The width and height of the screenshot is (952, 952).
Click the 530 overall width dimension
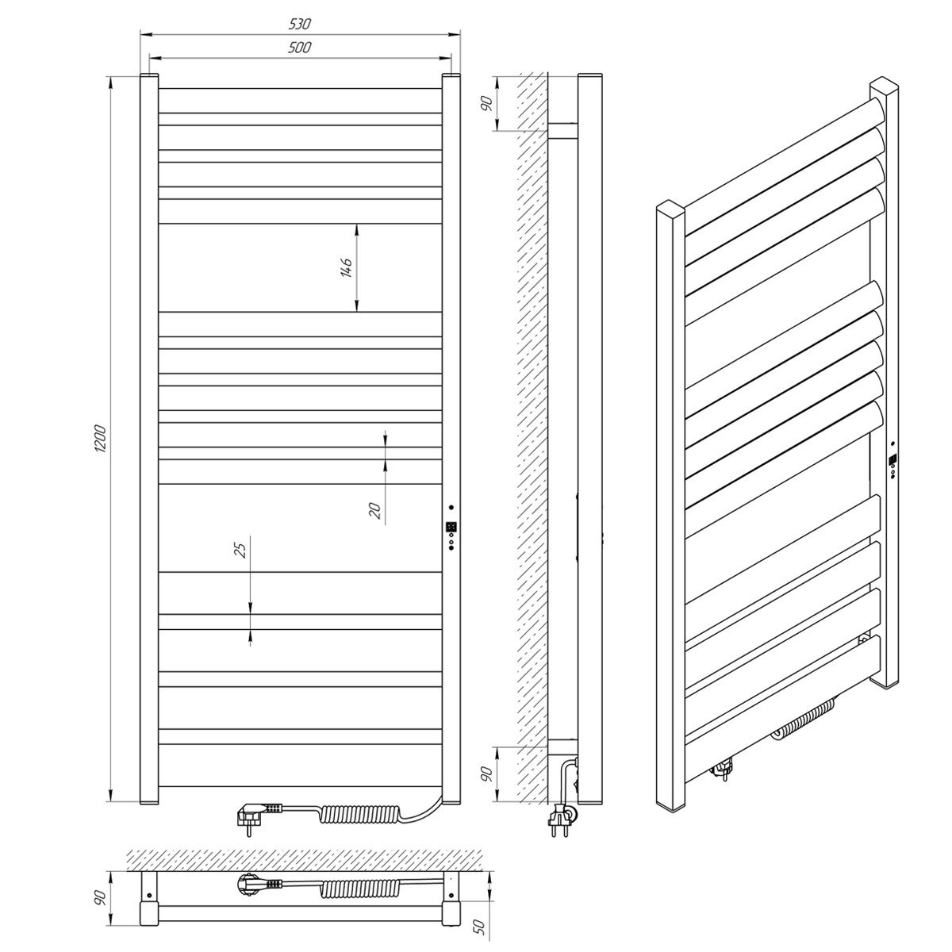point(299,24)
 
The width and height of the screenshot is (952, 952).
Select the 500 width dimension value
point(299,48)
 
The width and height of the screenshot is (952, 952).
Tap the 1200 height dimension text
point(100,438)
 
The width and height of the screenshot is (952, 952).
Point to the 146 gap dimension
point(347,267)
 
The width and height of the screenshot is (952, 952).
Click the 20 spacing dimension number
point(375,510)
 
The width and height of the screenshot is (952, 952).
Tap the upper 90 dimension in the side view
point(487,104)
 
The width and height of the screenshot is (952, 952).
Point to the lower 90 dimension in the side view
point(487,774)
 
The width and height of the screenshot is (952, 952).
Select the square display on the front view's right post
point(450,527)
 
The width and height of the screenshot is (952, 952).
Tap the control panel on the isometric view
point(892,460)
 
